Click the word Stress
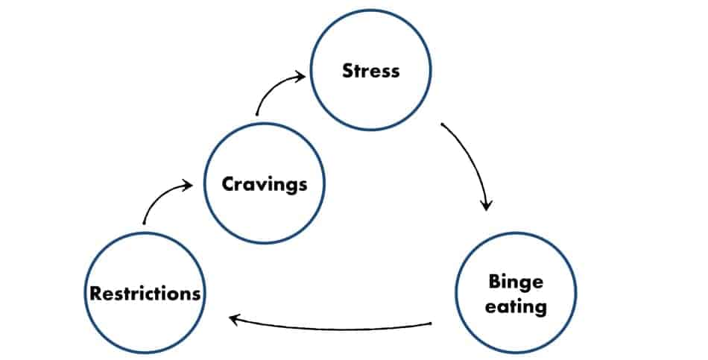point(370,71)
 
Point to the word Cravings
point(265,184)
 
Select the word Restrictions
point(145,294)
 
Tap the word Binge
point(516,282)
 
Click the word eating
point(516,307)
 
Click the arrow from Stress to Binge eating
point(473,160)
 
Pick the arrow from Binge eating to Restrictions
point(329,328)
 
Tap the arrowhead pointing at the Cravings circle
point(188,185)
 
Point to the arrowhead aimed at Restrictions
point(234,319)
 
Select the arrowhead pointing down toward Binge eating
point(486,206)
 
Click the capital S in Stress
point(348,71)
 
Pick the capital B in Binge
point(494,281)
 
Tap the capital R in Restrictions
point(95,294)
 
